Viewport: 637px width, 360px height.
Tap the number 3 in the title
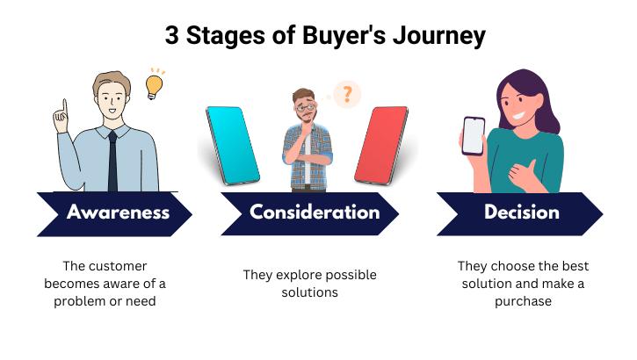[x=172, y=35]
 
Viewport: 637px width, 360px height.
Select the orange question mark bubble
[x=346, y=94]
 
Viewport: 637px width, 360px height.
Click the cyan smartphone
[x=233, y=145]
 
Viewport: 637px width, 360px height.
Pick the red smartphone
[x=381, y=145]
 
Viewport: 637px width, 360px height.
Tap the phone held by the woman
[x=474, y=136]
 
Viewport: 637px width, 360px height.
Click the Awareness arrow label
[x=118, y=212]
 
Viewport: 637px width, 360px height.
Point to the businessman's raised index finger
[x=64, y=107]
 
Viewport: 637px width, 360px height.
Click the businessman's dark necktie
[x=112, y=162]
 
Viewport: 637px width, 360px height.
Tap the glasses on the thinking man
[x=306, y=107]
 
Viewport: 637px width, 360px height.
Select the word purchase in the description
[x=523, y=301]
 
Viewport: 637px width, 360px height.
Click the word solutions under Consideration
[x=309, y=292]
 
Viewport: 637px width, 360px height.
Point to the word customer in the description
[x=118, y=266]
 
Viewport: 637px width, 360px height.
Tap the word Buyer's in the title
[x=344, y=35]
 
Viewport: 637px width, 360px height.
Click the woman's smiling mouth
[x=518, y=115]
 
